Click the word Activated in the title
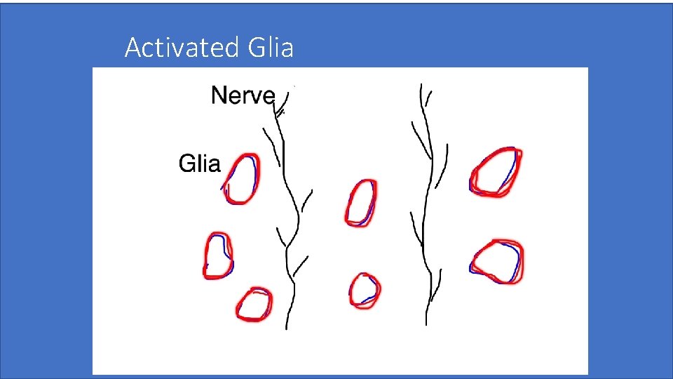[182, 48]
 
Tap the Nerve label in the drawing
[243, 94]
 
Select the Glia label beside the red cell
[199, 164]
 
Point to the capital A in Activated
[132, 48]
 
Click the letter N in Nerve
[218, 94]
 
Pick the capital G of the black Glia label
[186, 164]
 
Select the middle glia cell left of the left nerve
[217, 255]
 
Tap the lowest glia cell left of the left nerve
[254, 305]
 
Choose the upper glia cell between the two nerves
[362, 202]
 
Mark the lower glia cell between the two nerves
[365, 290]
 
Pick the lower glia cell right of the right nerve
[498, 261]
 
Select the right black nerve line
[425, 232]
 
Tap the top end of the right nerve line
[421, 86]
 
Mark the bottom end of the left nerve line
[287, 328]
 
